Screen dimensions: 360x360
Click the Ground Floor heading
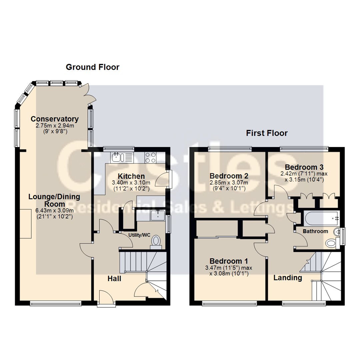point(93,67)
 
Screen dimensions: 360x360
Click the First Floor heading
point(267,133)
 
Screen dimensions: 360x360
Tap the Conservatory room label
point(55,119)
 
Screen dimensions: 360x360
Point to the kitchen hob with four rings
point(150,157)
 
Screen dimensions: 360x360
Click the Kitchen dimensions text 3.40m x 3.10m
point(131,183)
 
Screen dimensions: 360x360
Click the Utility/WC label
point(139,235)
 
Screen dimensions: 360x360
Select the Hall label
point(114,279)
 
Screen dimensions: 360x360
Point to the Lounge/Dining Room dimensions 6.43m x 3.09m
point(55,211)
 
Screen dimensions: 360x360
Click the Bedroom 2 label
point(229,176)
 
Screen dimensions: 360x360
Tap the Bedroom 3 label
point(304,167)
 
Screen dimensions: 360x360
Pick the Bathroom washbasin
point(337,232)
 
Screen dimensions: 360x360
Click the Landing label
point(288,278)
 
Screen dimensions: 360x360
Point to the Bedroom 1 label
point(229,261)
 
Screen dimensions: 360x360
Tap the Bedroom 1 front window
point(230,304)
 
